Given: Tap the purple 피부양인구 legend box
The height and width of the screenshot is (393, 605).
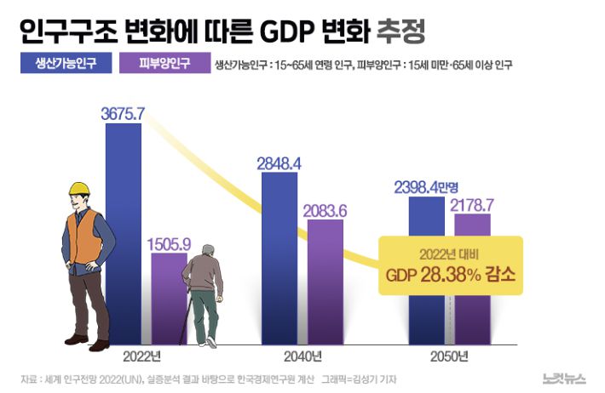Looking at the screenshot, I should (x=165, y=64).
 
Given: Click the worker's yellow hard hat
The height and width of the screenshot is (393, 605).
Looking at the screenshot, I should (x=79, y=190).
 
